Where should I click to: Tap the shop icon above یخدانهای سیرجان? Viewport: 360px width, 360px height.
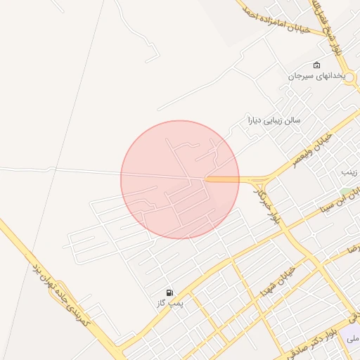[316, 65]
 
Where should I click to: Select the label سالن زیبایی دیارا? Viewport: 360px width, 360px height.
[274, 120]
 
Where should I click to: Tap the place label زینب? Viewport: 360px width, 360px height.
[349, 172]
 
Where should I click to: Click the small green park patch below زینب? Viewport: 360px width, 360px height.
[346, 191]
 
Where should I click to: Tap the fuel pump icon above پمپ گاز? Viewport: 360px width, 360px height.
[169, 292]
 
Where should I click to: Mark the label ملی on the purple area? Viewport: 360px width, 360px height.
[353, 338]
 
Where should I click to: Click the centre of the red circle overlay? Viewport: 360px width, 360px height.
[180, 179]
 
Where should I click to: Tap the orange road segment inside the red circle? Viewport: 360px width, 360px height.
[222, 180]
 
